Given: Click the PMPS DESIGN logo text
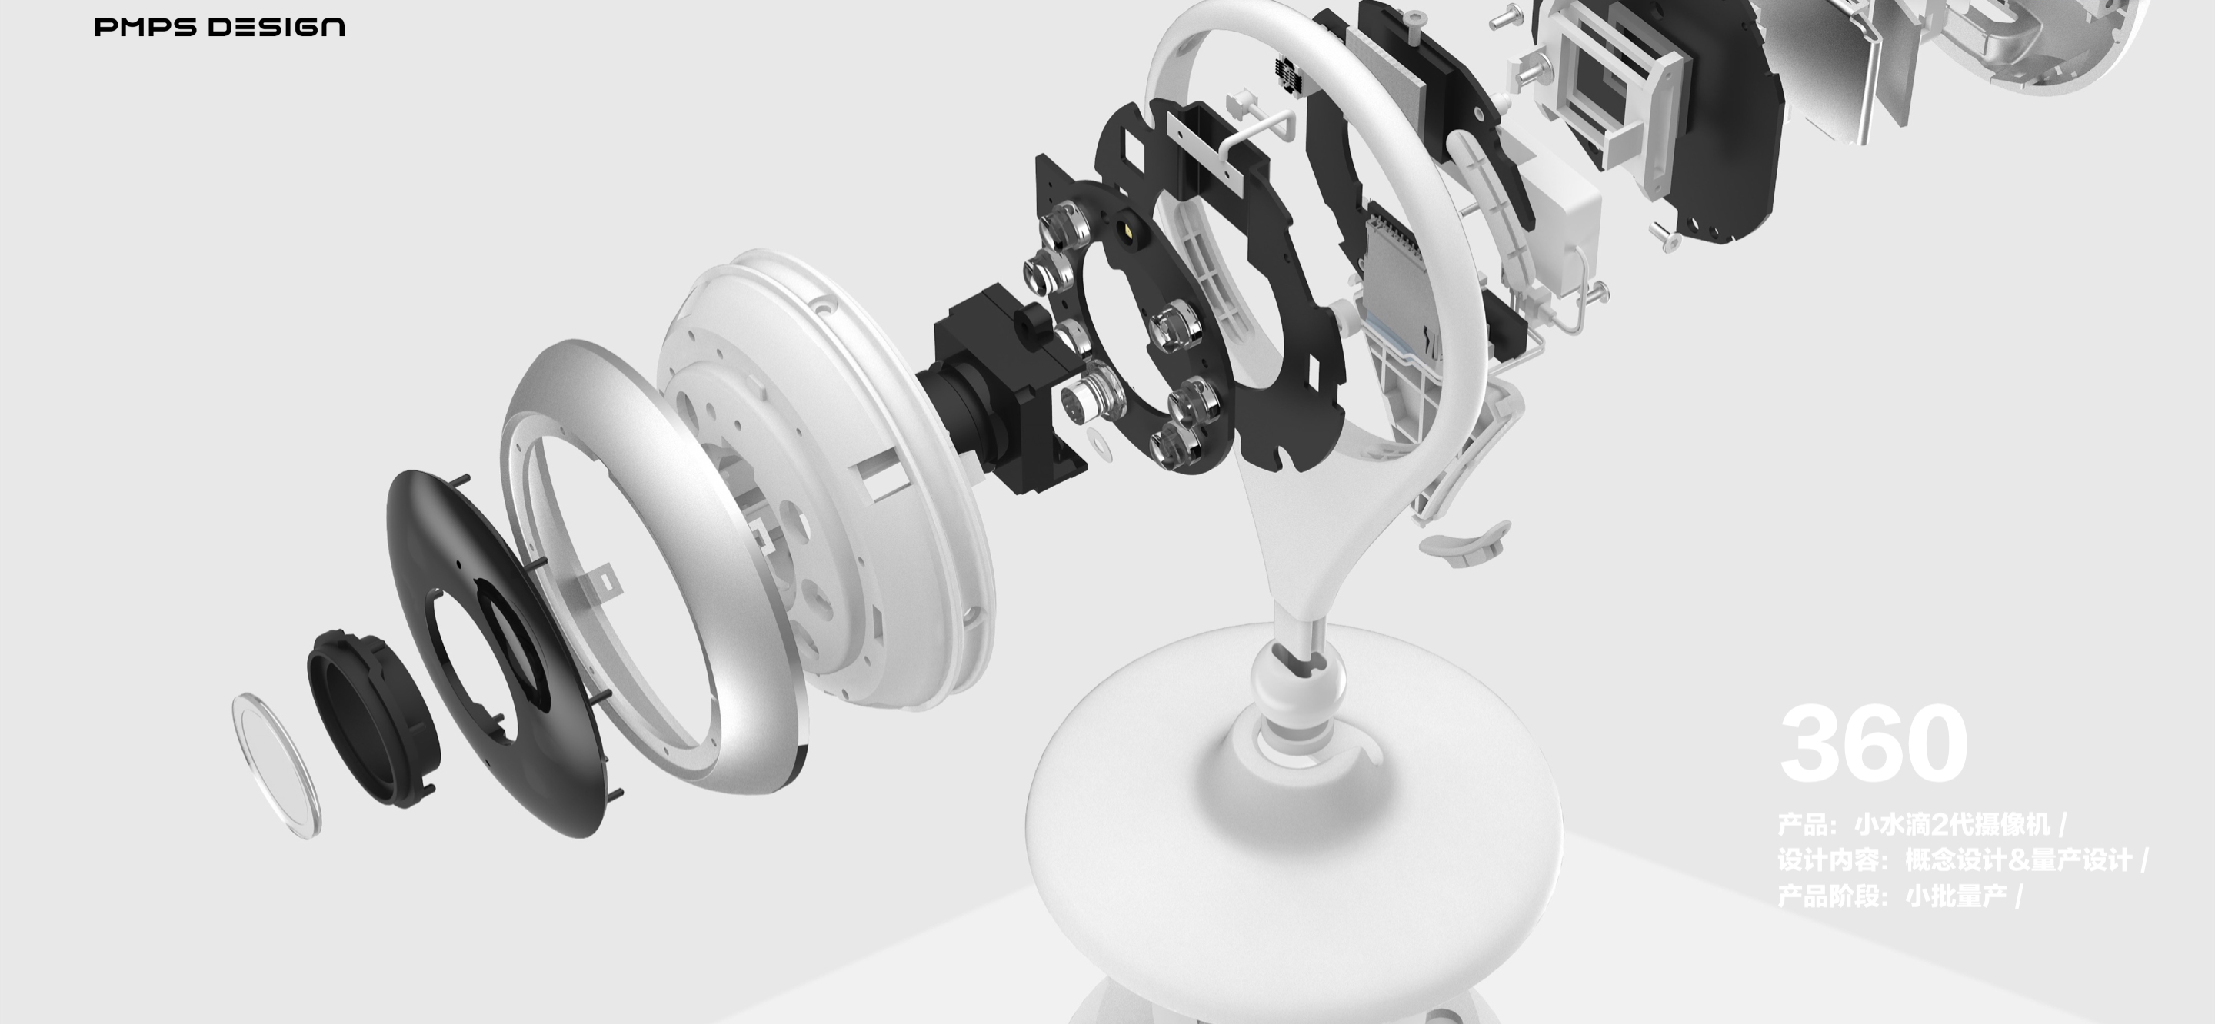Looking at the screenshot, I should click(219, 28).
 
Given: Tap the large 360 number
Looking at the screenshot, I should click(1873, 743).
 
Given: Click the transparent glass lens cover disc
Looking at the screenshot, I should click(276, 765).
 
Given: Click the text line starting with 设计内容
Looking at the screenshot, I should click(1960, 859).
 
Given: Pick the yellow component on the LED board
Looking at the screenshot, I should click(1127, 231).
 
